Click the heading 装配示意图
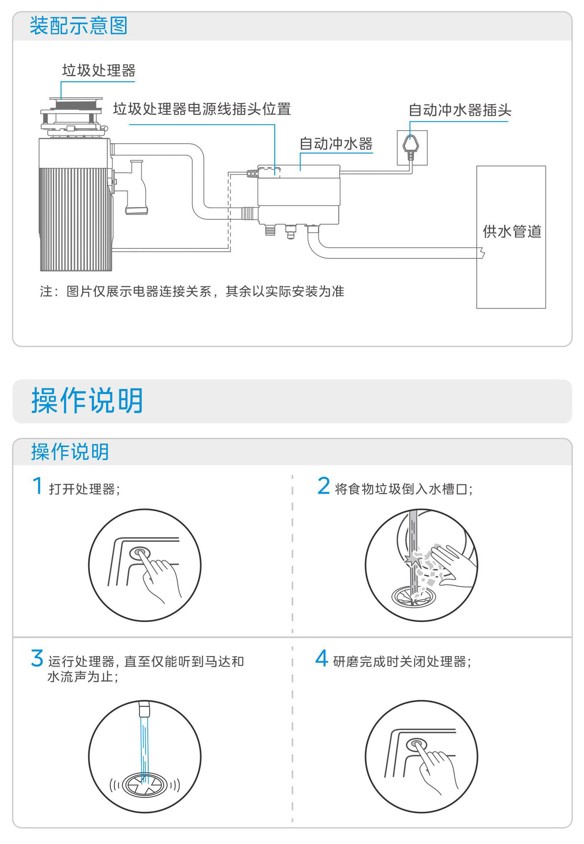tap(78, 25)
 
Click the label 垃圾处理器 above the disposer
tap(99, 70)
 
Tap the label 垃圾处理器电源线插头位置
tap(202, 109)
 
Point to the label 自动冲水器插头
tap(460, 110)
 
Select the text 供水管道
tap(511, 231)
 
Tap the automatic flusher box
tap(299, 193)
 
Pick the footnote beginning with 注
tap(192, 291)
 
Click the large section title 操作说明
tap(87, 400)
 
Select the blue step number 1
tap(38, 486)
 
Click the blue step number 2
tap(324, 486)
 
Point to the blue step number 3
tap(37, 658)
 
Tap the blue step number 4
tap(322, 658)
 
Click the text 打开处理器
tap(84, 489)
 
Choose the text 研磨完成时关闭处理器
tap(401, 662)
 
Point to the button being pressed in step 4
tap(416, 745)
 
